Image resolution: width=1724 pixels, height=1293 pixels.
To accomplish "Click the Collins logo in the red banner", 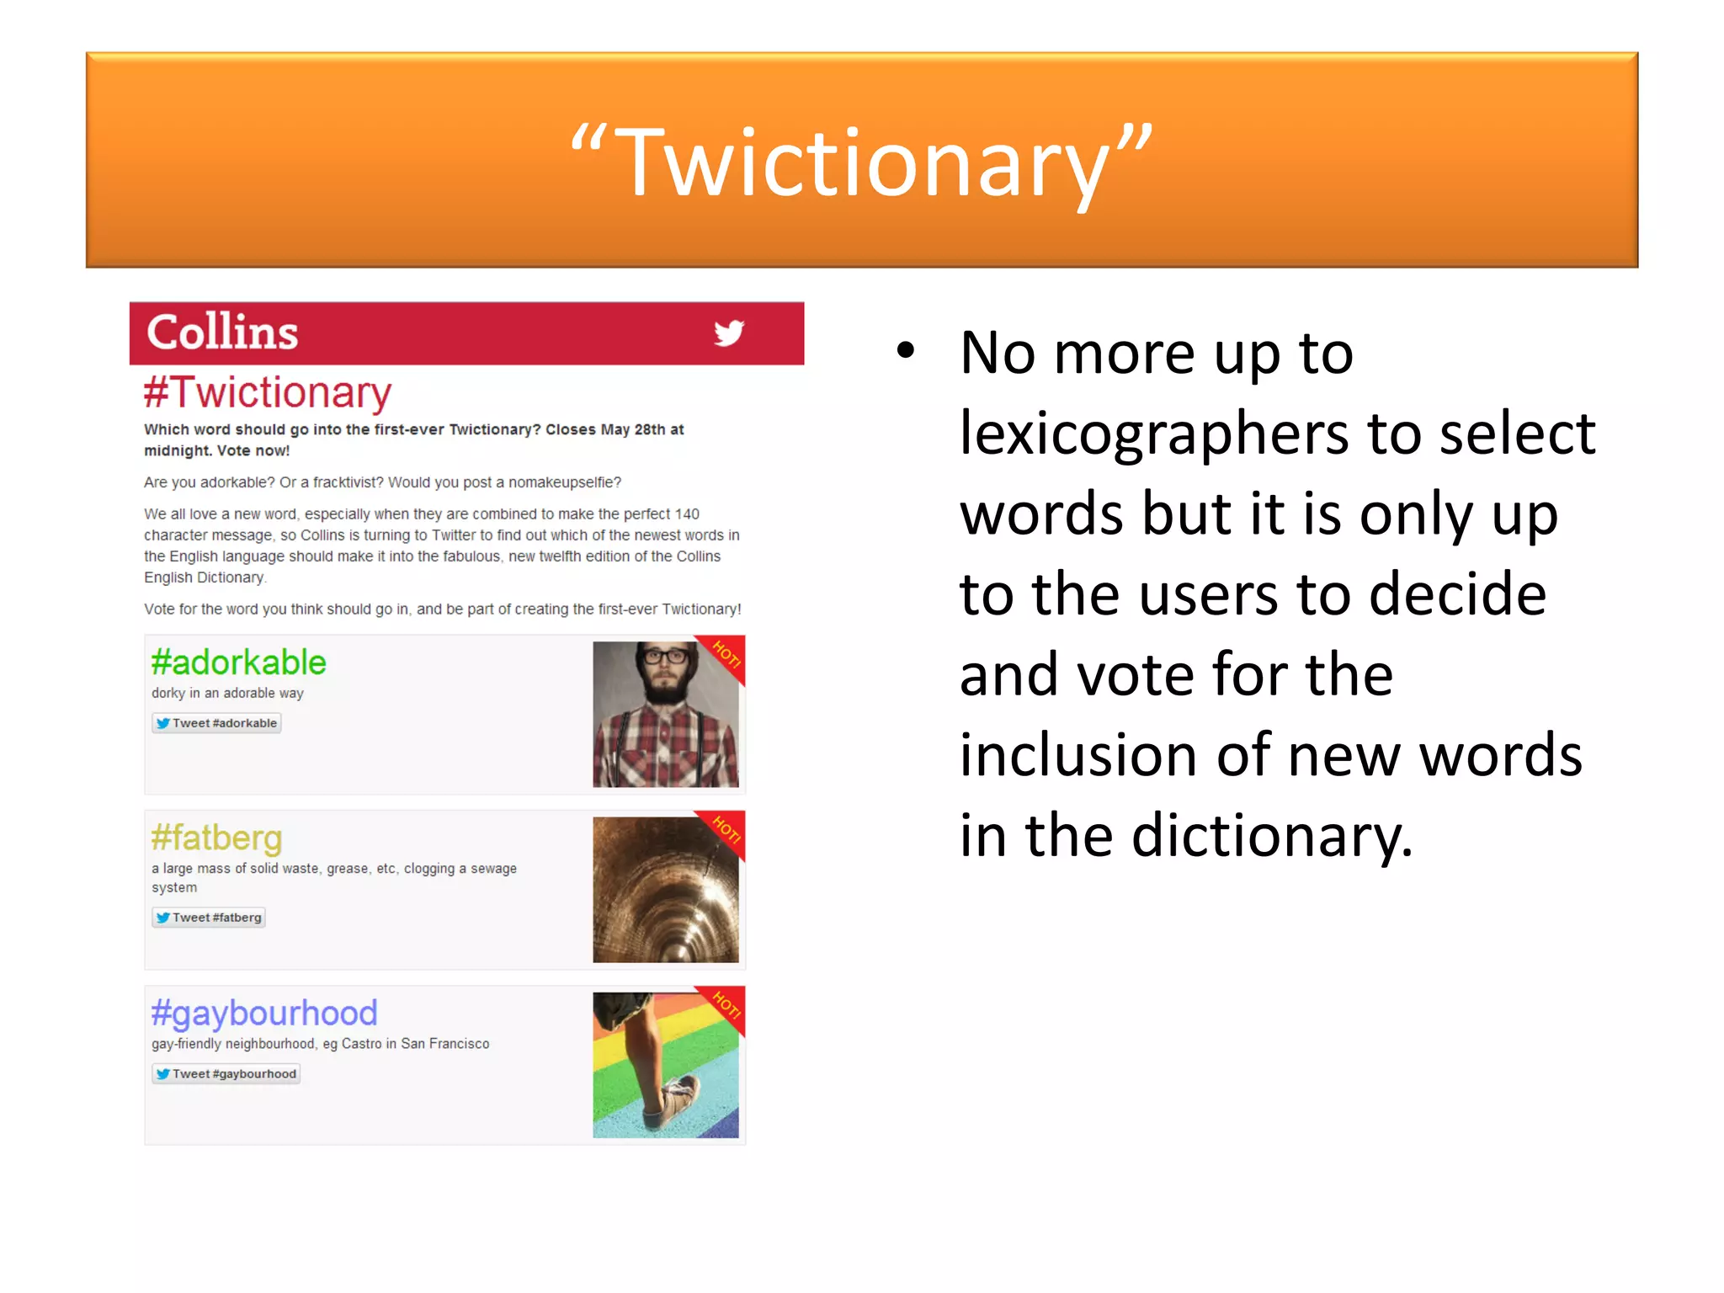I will point(222,332).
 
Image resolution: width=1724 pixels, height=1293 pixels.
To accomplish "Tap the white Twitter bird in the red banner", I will point(729,333).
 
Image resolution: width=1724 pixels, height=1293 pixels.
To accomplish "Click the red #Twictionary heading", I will point(268,392).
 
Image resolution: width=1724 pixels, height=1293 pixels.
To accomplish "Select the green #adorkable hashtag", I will point(238,662).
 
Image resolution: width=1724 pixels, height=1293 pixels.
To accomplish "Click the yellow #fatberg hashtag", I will point(216,838).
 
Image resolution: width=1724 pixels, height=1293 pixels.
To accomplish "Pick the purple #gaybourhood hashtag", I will point(264,1013).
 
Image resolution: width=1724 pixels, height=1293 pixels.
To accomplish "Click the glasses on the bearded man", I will point(665,657).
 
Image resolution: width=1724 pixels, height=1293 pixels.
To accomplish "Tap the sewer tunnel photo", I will point(665,890).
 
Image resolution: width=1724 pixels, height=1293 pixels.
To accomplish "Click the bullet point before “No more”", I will point(905,350).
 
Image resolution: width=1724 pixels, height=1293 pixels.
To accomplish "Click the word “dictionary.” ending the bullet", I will point(1272,835).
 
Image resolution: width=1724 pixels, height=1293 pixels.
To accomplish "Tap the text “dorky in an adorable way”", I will point(227,693).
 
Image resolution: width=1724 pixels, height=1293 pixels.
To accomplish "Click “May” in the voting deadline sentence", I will point(615,429).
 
